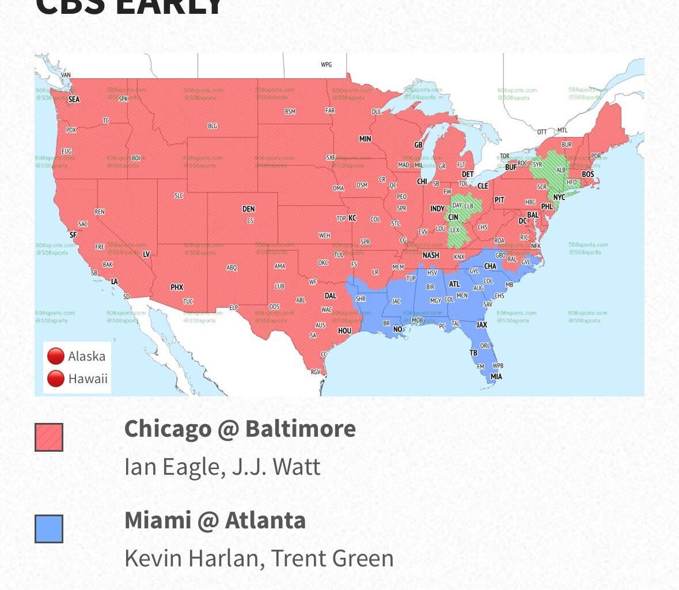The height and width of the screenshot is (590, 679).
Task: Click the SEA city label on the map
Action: coord(74,99)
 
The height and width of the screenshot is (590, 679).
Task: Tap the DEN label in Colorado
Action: coord(248,209)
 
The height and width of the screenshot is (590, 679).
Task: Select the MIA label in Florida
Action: coord(496,377)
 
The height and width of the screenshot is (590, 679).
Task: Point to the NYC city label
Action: coord(559,197)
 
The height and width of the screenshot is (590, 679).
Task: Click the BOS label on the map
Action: coord(587,174)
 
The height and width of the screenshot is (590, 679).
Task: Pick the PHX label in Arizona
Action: coord(177,287)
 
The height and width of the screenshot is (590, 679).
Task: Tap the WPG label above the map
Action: coord(327,65)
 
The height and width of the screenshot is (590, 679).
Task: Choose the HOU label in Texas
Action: coord(344,331)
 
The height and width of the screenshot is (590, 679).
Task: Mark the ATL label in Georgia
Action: coord(454,284)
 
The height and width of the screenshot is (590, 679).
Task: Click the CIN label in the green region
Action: coord(453,217)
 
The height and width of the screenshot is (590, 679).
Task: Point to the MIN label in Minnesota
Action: coord(365,139)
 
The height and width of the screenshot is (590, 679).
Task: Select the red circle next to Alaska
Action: coord(55,356)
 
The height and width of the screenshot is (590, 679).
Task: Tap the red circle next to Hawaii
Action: coord(55,379)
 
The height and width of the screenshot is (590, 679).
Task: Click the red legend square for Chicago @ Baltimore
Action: coord(49,437)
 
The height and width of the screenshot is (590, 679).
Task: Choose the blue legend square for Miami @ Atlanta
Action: coord(49,529)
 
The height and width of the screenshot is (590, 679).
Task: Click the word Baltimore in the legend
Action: coord(300,429)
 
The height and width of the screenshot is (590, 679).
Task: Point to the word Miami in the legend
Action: coord(157,520)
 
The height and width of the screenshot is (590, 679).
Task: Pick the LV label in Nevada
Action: coord(146,254)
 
